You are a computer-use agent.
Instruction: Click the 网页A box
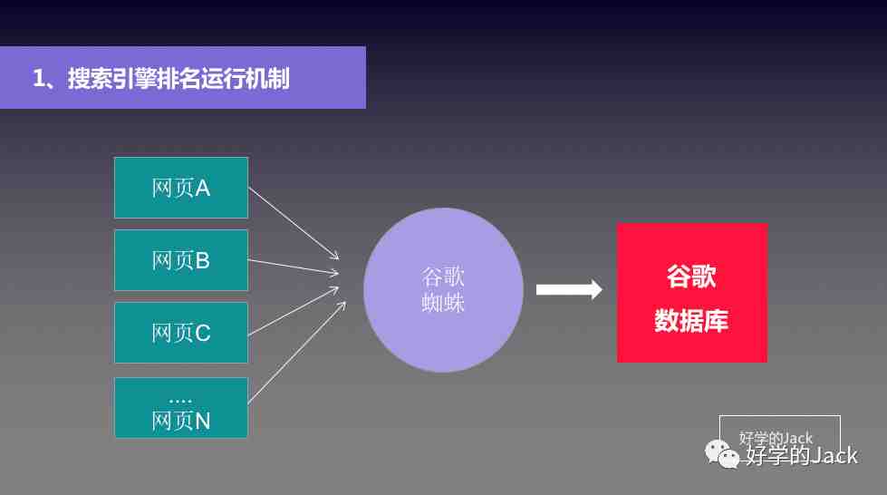(x=181, y=188)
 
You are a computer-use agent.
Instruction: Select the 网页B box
(x=181, y=260)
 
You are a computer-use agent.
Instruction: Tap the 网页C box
(x=181, y=333)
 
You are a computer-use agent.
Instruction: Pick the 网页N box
(x=181, y=407)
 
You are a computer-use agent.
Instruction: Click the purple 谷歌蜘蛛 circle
(x=443, y=290)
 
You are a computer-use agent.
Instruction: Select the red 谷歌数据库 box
(x=692, y=293)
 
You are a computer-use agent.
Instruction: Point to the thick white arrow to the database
(x=569, y=289)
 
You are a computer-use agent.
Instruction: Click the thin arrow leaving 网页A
(x=294, y=223)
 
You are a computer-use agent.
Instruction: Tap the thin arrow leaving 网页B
(x=293, y=267)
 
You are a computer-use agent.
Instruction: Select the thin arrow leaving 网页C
(x=293, y=311)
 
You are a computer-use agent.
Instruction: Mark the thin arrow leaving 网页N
(x=297, y=353)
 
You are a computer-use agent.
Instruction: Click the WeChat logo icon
(x=722, y=454)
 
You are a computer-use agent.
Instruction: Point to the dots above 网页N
(x=180, y=401)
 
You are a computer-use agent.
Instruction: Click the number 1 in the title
(x=38, y=78)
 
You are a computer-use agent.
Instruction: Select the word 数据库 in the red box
(x=691, y=321)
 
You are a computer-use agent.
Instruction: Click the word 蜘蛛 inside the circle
(x=443, y=303)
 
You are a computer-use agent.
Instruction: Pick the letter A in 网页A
(x=203, y=188)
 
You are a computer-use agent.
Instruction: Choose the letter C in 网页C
(x=203, y=333)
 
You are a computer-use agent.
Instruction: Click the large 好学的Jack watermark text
(x=802, y=455)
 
